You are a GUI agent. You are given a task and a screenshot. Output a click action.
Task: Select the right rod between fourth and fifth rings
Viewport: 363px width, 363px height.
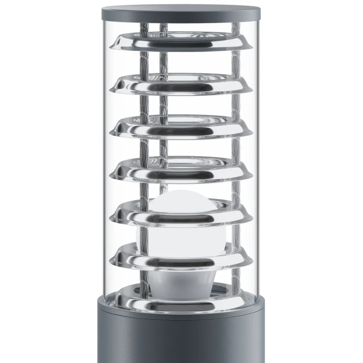pos(235,187)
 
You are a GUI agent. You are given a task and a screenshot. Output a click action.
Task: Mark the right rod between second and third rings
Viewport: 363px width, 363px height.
pos(235,103)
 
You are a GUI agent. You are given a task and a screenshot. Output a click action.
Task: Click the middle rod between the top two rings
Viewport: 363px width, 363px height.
pos(164,60)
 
